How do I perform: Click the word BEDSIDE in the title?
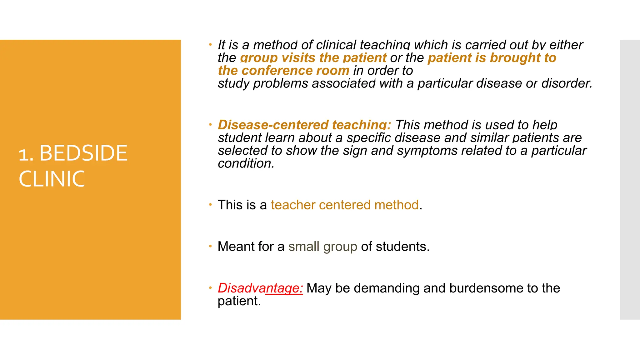click(x=83, y=153)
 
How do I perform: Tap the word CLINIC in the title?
click(x=52, y=179)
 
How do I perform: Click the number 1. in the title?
click(x=26, y=154)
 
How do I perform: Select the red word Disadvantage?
click(x=260, y=288)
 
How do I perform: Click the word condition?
click(x=246, y=163)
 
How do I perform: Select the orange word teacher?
click(x=293, y=205)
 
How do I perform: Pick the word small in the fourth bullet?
click(x=303, y=247)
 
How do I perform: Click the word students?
click(x=402, y=247)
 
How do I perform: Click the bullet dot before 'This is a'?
click(x=210, y=205)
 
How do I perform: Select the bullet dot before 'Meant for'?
click(x=210, y=246)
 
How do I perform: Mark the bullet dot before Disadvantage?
click(x=210, y=288)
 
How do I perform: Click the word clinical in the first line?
click(x=336, y=45)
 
